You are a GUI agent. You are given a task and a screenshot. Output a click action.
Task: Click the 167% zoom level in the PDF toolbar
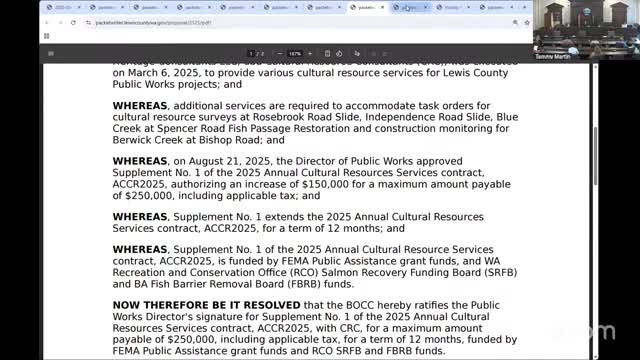coord(295,53)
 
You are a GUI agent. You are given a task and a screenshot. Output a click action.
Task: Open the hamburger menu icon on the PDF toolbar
coord(51,53)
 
